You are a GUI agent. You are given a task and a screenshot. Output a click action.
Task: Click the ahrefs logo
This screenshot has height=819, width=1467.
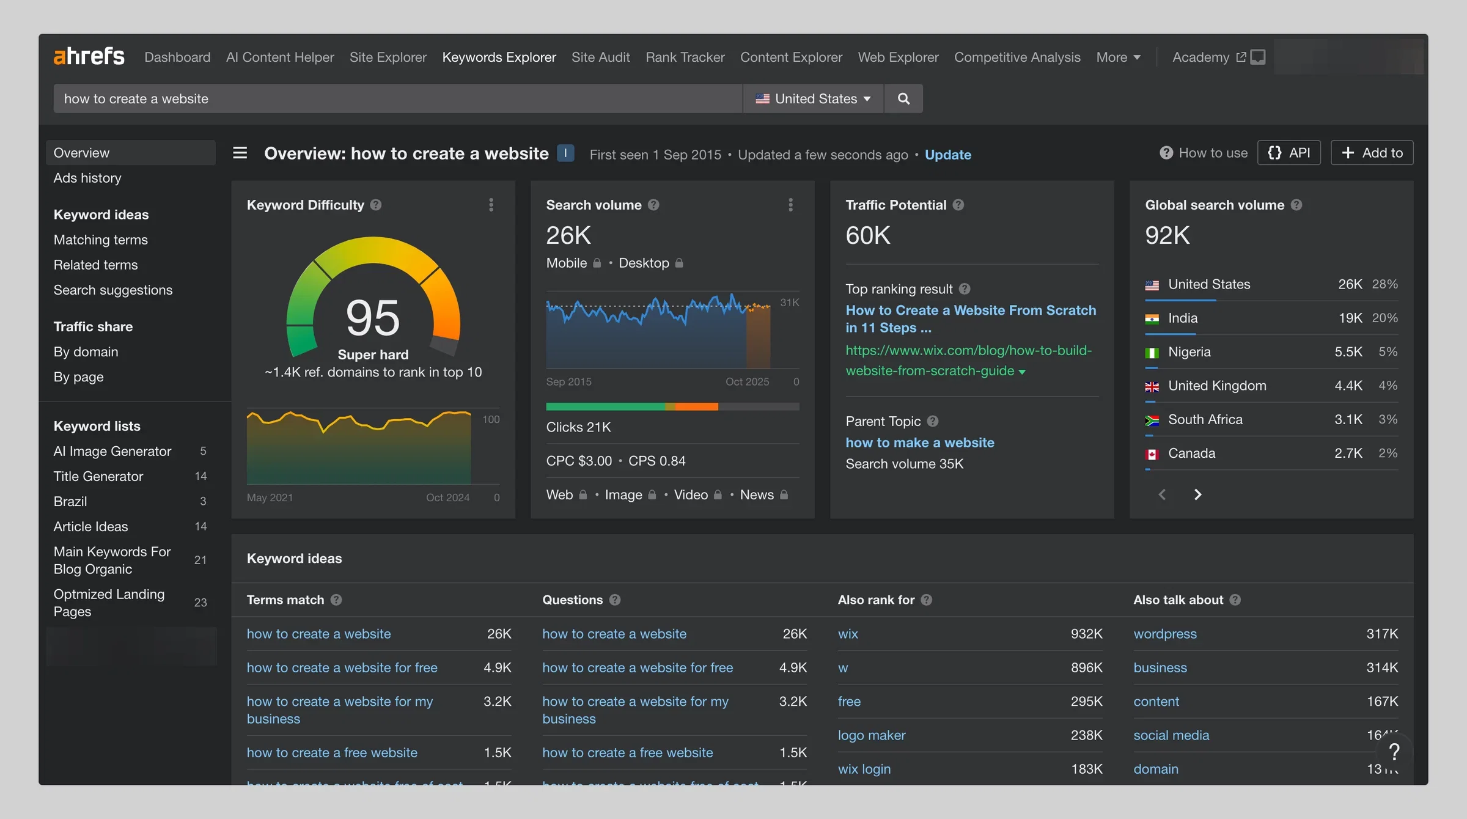89,57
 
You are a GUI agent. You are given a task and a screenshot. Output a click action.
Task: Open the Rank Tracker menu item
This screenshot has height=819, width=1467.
685,57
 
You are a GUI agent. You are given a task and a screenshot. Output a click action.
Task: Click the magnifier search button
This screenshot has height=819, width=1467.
903,98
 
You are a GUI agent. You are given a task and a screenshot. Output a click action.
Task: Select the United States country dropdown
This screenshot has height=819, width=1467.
814,98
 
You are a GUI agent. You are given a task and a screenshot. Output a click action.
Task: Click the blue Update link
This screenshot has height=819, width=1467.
948,155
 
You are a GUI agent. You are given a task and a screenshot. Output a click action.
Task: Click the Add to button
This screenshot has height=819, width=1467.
1372,153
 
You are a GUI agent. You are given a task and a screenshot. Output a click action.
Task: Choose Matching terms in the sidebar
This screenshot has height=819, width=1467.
101,240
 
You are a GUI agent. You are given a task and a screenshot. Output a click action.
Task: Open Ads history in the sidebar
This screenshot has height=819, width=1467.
87,178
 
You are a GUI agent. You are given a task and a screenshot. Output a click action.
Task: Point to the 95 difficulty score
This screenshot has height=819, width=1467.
373,318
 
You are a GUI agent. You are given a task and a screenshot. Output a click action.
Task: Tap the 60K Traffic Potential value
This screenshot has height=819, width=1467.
868,235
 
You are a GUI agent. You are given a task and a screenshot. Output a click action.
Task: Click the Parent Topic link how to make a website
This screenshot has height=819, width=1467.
920,443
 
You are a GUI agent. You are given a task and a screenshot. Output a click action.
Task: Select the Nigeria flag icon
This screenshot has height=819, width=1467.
1152,353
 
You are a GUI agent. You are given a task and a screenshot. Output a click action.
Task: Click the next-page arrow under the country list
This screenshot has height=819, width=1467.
1198,494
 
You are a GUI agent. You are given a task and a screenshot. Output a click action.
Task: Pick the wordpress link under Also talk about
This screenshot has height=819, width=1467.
1165,634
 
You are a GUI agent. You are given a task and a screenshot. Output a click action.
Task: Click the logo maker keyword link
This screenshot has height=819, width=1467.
872,735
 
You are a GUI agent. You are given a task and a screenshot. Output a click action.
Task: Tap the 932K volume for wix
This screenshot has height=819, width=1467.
1086,634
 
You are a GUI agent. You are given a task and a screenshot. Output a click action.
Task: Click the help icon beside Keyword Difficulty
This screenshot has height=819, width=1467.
376,205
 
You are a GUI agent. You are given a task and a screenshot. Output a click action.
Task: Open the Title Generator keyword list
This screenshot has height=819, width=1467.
98,476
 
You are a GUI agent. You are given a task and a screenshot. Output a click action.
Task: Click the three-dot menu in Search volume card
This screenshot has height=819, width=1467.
790,205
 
